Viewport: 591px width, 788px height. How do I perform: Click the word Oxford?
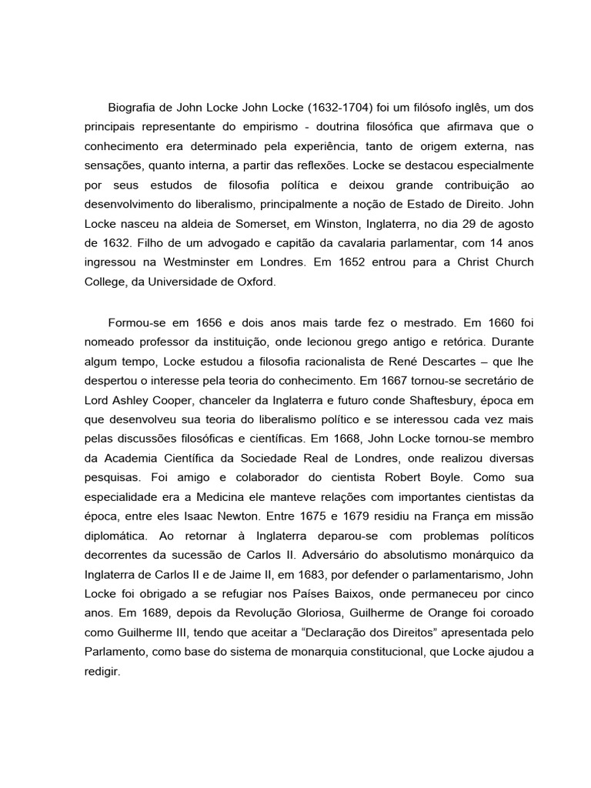tap(252, 282)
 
